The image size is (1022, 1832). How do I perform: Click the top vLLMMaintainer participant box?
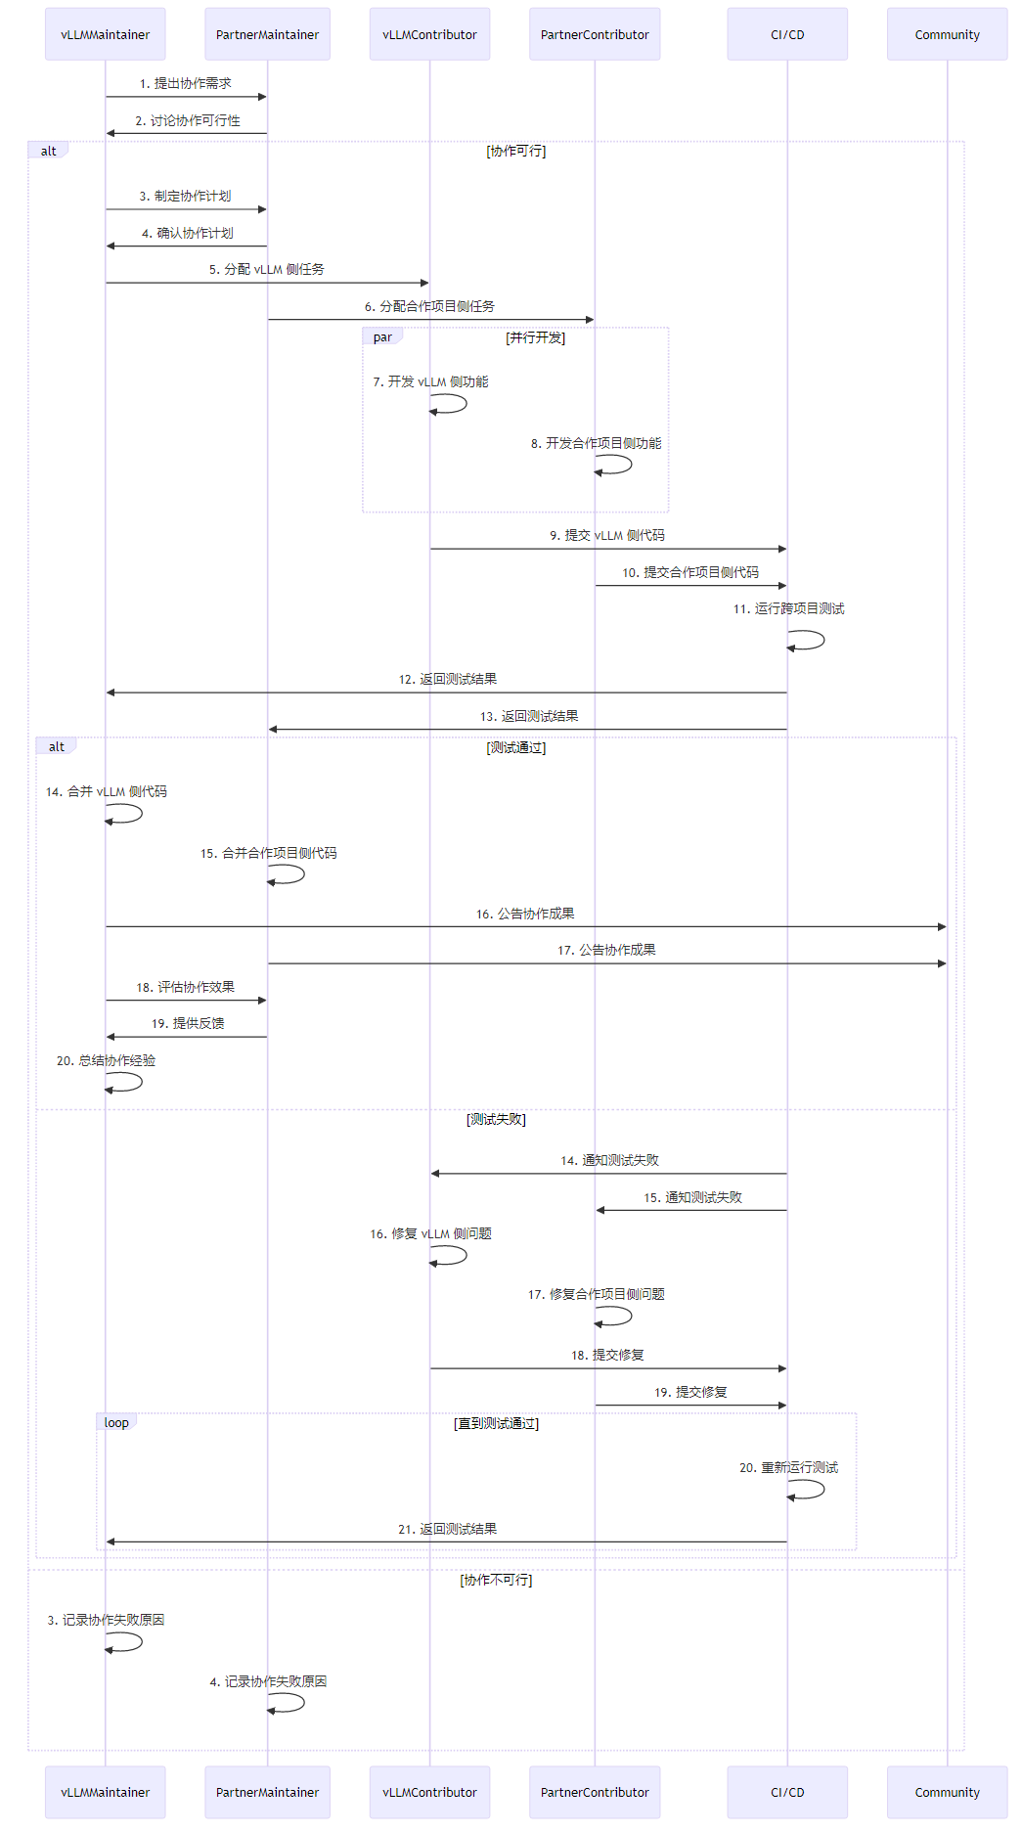(x=105, y=34)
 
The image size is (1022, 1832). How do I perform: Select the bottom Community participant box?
(x=947, y=1792)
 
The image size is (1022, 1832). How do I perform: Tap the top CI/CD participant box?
(x=787, y=34)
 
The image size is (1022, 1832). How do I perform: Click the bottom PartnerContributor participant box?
(x=595, y=1792)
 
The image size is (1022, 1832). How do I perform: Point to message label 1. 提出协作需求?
(x=186, y=84)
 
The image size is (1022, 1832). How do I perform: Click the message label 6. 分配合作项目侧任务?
(x=429, y=307)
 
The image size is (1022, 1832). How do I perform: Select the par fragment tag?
(x=382, y=337)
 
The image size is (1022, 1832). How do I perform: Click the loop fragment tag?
(x=116, y=1423)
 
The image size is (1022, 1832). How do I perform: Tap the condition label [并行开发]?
(x=535, y=338)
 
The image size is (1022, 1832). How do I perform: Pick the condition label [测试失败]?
(x=496, y=1120)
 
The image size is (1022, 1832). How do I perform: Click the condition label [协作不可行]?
(x=496, y=1581)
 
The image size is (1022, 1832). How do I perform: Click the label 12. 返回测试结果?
(x=447, y=680)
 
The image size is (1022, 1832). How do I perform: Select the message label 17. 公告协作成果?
(x=606, y=951)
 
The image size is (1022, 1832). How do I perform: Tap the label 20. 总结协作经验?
(x=106, y=1061)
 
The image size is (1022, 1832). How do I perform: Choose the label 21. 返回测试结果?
(x=447, y=1530)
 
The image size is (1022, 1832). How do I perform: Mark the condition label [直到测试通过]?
(x=496, y=1424)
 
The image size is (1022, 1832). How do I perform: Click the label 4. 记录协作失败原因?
(x=268, y=1682)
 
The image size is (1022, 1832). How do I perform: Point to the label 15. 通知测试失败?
(x=692, y=1198)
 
